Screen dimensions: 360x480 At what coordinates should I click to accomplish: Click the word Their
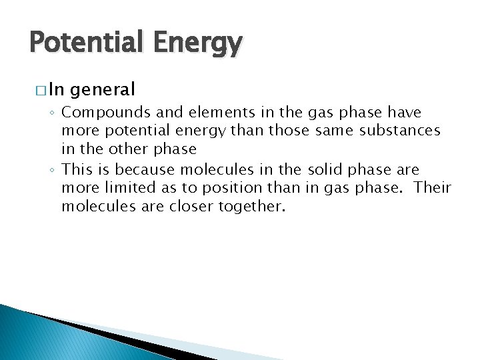(x=432, y=188)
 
